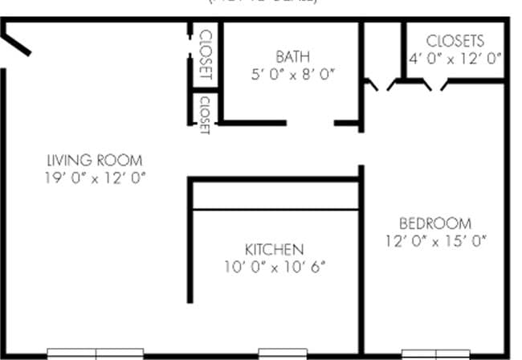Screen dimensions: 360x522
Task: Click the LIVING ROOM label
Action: [95, 159]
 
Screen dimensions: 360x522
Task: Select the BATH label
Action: [292, 57]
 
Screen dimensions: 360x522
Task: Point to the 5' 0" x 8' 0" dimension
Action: [292, 74]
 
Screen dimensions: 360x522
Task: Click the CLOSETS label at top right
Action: [455, 41]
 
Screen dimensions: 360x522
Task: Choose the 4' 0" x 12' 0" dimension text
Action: [455, 58]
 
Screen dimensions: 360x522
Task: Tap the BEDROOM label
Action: [435, 223]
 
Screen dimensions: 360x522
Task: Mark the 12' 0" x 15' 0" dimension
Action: [435, 240]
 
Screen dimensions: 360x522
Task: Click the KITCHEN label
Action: [274, 249]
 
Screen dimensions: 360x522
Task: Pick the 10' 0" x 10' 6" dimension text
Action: [274, 267]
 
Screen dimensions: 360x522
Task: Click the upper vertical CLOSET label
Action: [205, 55]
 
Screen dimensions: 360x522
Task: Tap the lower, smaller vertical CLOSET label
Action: [205, 114]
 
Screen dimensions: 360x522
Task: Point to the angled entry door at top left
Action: [17, 40]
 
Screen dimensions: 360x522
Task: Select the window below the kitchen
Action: [282, 353]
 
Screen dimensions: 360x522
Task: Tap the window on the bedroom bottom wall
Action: [434, 353]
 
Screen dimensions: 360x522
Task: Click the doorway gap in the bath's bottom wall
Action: [310, 124]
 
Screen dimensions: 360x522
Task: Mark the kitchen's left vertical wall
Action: [190, 241]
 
